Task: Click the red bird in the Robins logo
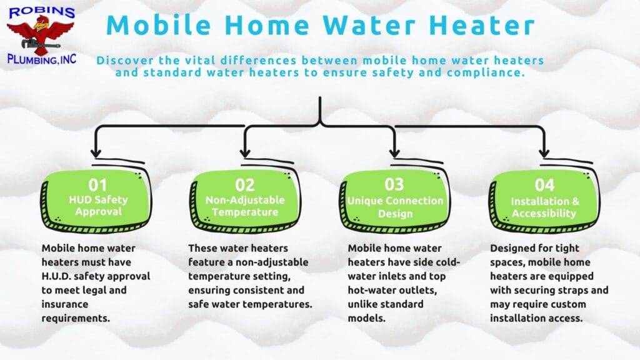(41, 36)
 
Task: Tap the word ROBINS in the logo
(42, 11)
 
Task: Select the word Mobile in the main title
(158, 25)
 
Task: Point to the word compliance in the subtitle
(485, 73)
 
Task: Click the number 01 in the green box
(97, 185)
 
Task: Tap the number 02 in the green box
(244, 185)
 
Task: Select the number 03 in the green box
(394, 184)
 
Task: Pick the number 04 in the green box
(544, 185)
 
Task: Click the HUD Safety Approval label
(98, 205)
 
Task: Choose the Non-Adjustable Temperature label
(245, 206)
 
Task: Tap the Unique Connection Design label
(395, 207)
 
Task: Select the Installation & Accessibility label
(544, 207)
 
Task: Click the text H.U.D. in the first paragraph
(56, 276)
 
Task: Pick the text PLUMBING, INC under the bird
(42, 59)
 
